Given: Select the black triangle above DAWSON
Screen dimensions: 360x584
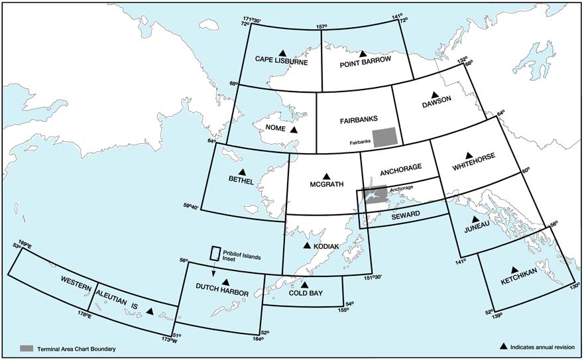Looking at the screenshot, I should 436,95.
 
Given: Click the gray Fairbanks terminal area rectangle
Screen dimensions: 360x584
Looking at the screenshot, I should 386,137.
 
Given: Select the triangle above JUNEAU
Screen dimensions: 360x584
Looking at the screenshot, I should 475,219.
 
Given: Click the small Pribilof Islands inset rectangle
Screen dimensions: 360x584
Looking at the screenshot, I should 215,254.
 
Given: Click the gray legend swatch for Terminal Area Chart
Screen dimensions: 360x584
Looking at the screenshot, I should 27,348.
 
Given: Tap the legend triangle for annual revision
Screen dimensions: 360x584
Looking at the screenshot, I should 504,347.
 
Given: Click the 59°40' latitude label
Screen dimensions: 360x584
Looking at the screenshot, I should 192,207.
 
